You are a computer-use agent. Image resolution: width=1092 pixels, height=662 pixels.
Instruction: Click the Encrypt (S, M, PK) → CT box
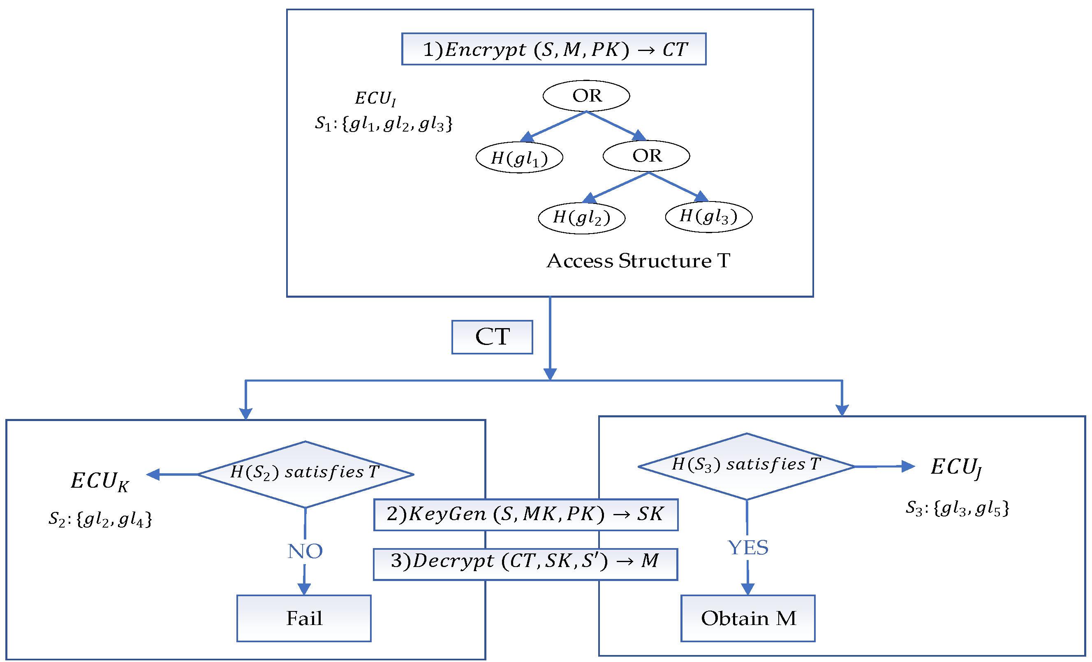[x=553, y=49]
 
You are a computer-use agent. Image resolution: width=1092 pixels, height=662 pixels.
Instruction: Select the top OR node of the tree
[x=586, y=96]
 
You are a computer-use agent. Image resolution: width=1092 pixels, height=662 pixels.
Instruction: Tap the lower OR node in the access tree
[x=646, y=156]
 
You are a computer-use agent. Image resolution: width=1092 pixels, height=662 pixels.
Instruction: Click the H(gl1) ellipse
[x=519, y=158]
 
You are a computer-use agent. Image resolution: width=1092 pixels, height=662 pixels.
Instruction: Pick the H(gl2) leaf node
[x=581, y=218]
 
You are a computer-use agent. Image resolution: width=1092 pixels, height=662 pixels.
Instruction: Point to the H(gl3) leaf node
[x=708, y=217]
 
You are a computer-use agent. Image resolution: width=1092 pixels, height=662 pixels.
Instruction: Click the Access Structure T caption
[x=638, y=261]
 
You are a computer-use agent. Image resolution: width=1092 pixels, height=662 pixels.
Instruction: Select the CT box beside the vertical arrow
[x=492, y=337]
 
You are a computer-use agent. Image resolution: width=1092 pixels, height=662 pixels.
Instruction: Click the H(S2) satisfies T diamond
[x=305, y=475]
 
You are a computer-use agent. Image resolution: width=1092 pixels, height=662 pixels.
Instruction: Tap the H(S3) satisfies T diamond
[x=746, y=467]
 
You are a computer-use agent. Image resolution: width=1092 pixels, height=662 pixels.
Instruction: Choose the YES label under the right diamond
[x=747, y=548]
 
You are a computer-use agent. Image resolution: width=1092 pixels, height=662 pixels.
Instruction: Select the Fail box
[x=303, y=618]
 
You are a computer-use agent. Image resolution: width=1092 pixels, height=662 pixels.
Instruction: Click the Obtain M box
[x=747, y=618]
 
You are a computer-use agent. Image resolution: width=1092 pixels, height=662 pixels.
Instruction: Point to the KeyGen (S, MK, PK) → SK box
[x=525, y=515]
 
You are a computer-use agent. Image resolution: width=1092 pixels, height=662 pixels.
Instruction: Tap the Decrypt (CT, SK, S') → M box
[x=525, y=565]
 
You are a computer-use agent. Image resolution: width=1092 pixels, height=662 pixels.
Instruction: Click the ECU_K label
[x=100, y=481]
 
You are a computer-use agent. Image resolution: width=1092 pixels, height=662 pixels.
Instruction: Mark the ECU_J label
[x=955, y=468]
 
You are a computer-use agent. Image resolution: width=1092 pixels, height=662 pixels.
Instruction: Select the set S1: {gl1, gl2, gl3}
[x=383, y=124]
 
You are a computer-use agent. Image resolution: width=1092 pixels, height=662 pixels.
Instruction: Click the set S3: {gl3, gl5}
[x=957, y=508]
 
